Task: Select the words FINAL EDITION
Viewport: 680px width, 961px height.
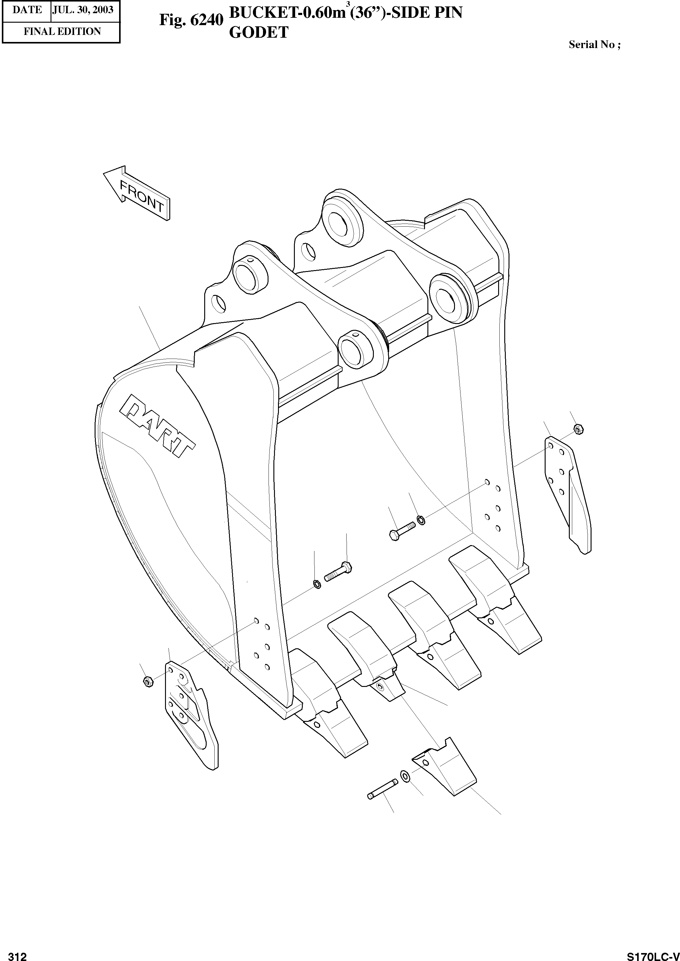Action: [x=62, y=32]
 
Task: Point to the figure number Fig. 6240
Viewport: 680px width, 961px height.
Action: [x=191, y=21]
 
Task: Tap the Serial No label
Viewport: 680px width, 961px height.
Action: [x=594, y=45]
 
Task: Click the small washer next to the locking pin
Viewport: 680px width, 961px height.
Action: [x=405, y=776]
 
